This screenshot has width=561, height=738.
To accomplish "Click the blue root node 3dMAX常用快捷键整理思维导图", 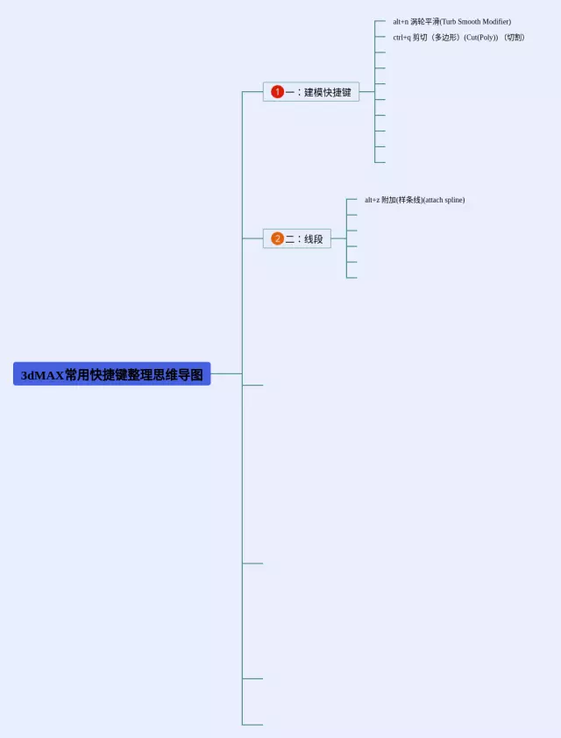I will click(112, 374).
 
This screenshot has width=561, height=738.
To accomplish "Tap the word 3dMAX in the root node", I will click(42, 375).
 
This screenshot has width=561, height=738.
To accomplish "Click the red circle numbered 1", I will click(277, 92).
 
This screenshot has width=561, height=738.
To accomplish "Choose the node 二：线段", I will click(297, 238).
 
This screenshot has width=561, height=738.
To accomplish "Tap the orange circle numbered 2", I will click(277, 238).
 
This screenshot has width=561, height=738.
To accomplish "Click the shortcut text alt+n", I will click(401, 21).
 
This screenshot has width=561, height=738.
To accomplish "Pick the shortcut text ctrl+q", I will click(401, 38).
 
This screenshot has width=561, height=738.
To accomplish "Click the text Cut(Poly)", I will click(481, 38).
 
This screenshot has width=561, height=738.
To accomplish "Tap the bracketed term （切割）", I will click(513, 38).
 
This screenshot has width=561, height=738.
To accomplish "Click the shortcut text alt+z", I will click(372, 200).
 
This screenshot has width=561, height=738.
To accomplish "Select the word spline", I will click(454, 200).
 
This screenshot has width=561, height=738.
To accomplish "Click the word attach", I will click(433, 200).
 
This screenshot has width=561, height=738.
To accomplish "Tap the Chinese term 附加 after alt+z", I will click(388, 200).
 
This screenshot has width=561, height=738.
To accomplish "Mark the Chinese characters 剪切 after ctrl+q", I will click(420, 38).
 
